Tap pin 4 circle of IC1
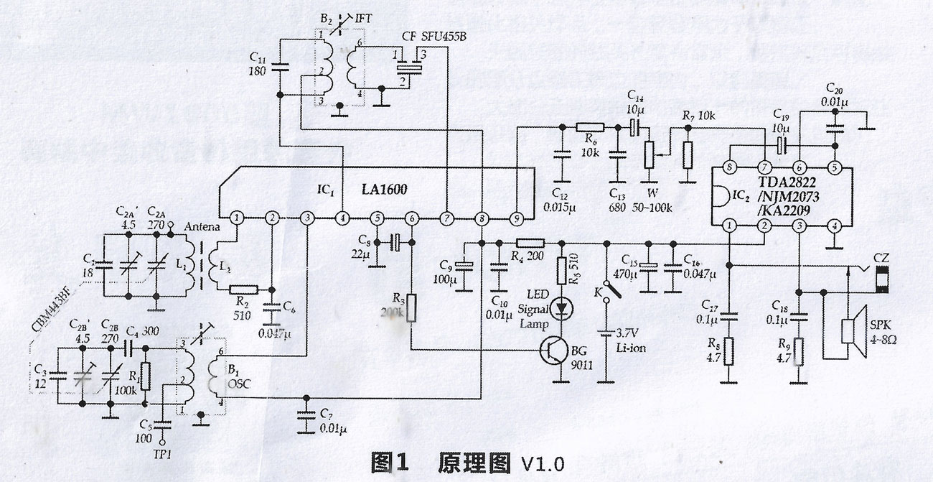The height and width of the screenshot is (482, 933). [x=342, y=218]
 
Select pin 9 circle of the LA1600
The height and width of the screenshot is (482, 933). [x=515, y=218]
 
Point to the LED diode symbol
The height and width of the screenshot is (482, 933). [x=561, y=306]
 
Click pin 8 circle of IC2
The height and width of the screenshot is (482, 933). [x=730, y=168]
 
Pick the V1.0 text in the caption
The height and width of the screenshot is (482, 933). [x=541, y=460]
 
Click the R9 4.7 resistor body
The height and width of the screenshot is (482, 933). [x=798, y=351]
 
